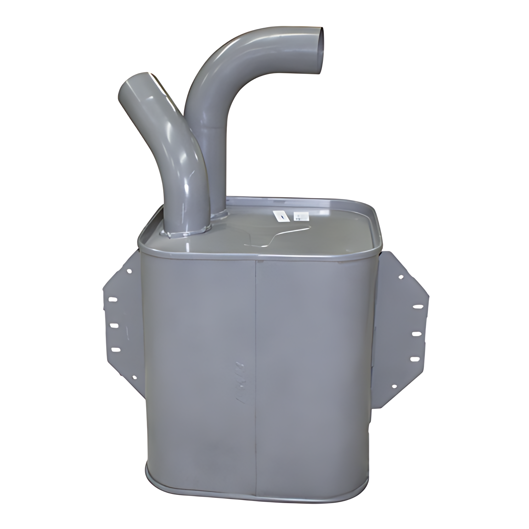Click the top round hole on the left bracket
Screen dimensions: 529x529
129,270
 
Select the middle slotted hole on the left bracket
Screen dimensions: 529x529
114,325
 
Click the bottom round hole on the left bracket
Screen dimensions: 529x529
134,377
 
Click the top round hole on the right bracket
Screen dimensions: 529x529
401,277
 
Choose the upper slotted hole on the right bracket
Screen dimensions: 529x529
418,306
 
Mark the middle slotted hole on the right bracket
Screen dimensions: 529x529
416,333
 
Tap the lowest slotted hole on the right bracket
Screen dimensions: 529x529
415,359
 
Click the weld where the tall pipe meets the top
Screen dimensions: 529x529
220,214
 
